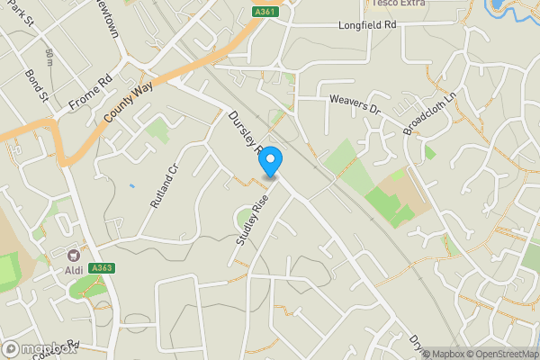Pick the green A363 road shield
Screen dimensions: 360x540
(x=104, y=267)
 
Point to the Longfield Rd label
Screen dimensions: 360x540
(x=366, y=26)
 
